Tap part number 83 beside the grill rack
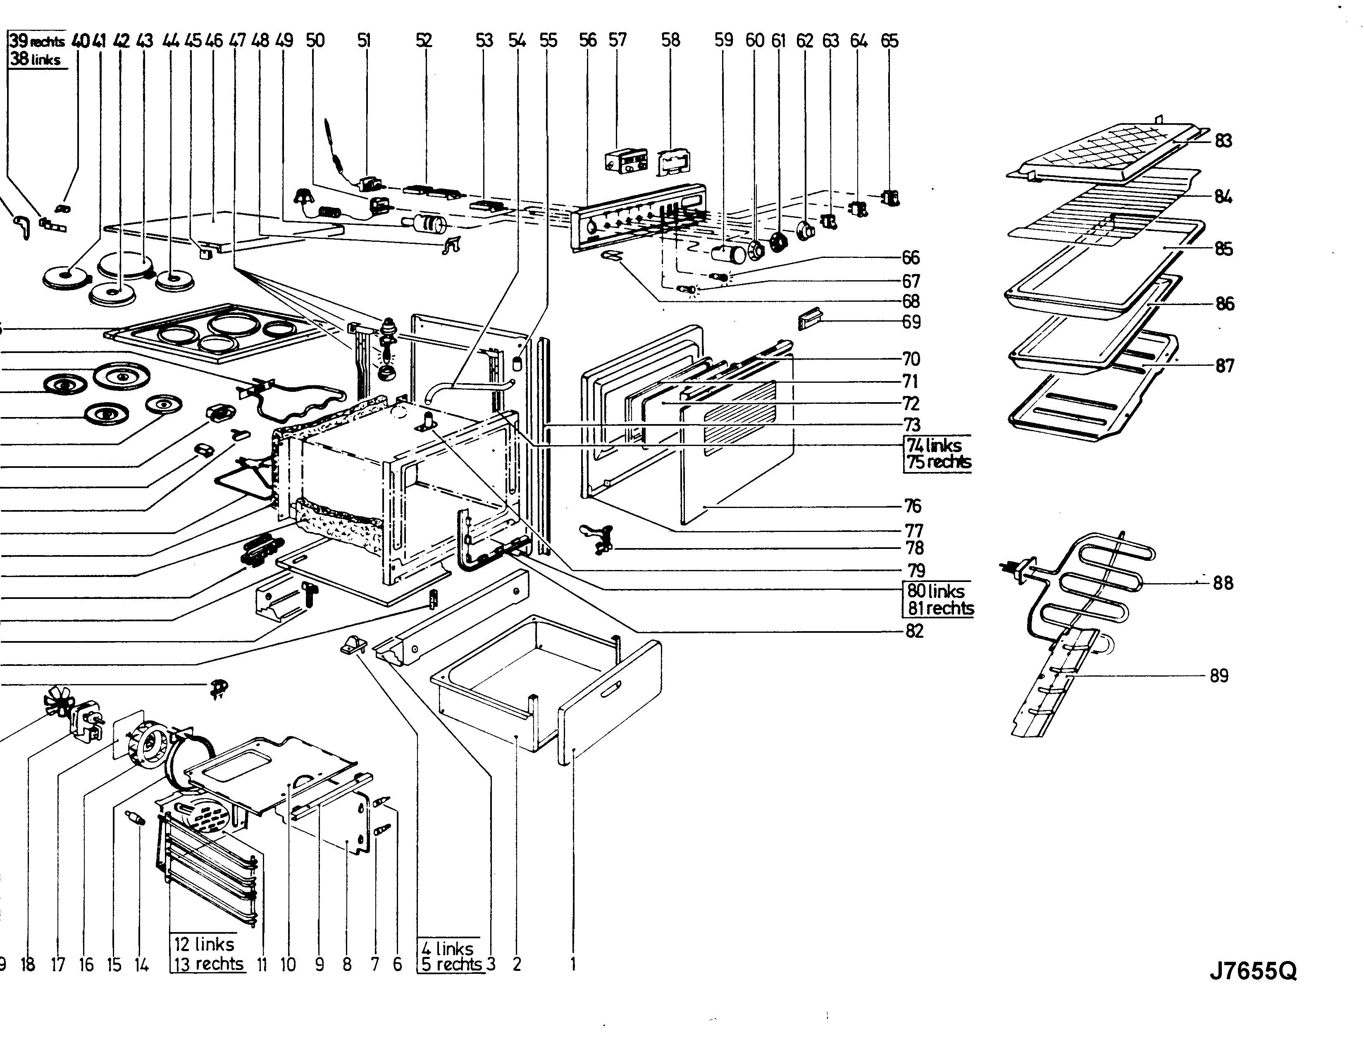pyautogui.click(x=1223, y=141)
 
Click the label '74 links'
pyautogui.click(x=935, y=445)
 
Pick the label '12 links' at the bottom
pyautogui.click(x=204, y=944)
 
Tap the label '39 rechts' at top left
pyautogui.click(x=38, y=42)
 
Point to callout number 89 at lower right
pyautogui.click(x=1219, y=676)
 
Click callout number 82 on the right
pyautogui.click(x=914, y=631)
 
